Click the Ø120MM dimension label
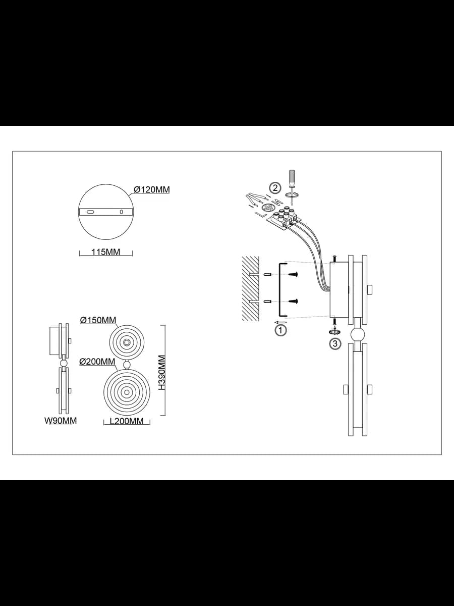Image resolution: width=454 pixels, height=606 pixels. click(x=152, y=190)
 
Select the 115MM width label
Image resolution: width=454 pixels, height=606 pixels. click(x=105, y=252)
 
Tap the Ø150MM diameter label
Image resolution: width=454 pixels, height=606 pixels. click(x=98, y=320)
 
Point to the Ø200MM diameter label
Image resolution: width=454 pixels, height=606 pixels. click(x=97, y=362)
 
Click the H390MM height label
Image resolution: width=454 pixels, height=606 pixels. click(x=162, y=372)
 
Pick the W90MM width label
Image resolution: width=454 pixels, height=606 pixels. click(x=61, y=421)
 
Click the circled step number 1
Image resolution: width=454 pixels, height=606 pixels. click(x=281, y=330)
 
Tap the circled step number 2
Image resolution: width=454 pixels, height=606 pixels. click(x=275, y=188)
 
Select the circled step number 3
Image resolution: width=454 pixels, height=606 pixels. click(x=335, y=344)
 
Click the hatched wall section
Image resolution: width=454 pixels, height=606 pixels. click(x=250, y=289)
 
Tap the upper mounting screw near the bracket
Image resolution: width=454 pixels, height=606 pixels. click(x=293, y=274)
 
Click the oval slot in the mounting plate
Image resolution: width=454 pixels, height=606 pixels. click(x=90, y=212)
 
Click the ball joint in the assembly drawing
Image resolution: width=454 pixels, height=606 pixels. click(x=358, y=335)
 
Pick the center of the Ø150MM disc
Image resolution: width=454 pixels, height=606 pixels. click(x=127, y=342)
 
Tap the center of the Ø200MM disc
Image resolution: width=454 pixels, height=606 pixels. click(x=127, y=392)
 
